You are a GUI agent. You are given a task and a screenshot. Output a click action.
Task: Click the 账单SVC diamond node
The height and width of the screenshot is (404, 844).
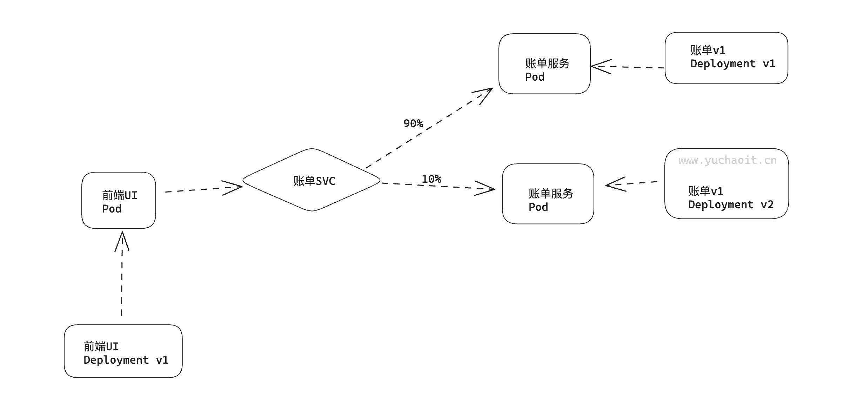tap(312, 180)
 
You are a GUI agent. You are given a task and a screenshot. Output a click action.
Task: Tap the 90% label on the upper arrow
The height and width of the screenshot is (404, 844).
tap(413, 123)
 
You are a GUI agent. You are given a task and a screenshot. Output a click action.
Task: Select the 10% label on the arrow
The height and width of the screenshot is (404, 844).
tap(431, 179)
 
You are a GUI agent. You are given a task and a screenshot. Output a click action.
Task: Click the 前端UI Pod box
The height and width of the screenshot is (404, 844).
tap(119, 200)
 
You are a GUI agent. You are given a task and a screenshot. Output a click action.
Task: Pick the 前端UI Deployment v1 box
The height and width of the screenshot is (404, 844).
tap(123, 351)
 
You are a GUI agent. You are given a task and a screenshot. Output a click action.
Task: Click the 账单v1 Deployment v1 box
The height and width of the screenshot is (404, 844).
tap(726, 58)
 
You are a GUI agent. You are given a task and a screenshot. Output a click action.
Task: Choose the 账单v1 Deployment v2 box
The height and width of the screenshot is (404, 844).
tap(726, 184)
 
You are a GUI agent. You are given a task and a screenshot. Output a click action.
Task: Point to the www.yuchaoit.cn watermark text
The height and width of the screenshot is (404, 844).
tap(727, 160)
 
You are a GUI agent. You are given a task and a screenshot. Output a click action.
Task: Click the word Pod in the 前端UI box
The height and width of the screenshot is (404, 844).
tap(112, 209)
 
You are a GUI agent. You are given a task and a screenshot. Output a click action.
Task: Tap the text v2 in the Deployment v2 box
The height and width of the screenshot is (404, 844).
tap(767, 204)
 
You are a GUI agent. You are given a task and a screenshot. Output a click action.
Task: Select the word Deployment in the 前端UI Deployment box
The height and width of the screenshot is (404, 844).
tap(116, 360)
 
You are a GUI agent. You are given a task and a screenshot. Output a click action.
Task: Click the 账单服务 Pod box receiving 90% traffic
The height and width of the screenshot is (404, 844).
tap(544, 64)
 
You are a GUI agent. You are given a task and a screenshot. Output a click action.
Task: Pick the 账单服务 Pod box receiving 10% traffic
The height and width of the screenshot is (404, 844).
tap(548, 194)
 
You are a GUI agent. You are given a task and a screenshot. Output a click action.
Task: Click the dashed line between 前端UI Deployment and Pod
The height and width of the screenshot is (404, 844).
tap(122, 284)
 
